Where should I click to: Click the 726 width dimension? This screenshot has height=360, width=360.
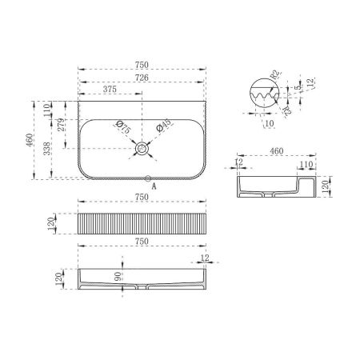pyautogui.click(x=142, y=77)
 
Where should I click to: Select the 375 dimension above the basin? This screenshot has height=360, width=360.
pyautogui.click(x=111, y=90)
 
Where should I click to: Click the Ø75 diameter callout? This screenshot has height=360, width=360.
pyautogui.click(x=122, y=126)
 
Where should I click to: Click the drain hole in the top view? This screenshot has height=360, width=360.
pyautogui.click(x=142, y=148)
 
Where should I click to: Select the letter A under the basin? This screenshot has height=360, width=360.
pyautogui.click(x=154, y=186)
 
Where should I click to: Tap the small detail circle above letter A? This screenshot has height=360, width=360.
pyautogui.click(x=148, y=177)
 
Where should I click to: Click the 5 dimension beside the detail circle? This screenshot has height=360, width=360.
pyautogui.click(x=298, y=89)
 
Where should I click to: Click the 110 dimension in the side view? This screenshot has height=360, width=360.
pyautogui.click(x=305, y=164)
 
